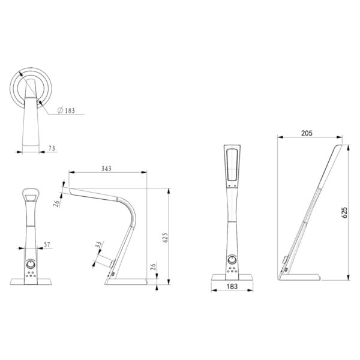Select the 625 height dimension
pos(344,213)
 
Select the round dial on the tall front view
pos(233,259)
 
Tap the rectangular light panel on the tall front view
pos(232,164)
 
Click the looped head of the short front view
pos(31,195)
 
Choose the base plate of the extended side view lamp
pos(304,277)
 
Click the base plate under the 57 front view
pos(31,281)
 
